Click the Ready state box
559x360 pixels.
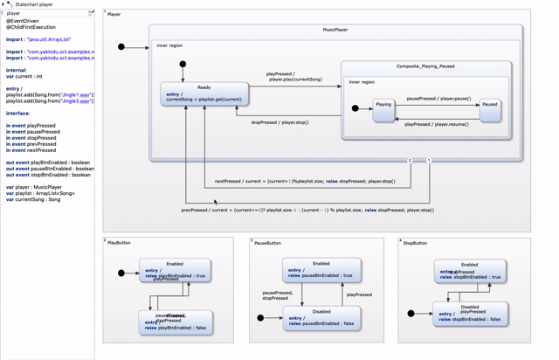[204, 93]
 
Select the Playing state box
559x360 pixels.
[383, 109]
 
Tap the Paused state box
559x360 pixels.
[490, 109]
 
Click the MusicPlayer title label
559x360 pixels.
[335, 30]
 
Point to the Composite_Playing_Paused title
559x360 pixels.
[425, 66]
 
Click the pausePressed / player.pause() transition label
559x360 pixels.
[438, 99]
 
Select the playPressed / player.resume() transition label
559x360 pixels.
[437, 124]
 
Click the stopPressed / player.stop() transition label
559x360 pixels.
[279, 122]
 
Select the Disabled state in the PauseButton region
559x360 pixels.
[321, 317]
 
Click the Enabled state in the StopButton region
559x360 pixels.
[470, 270]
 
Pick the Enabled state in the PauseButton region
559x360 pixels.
[321, 269]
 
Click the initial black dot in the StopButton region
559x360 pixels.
[411, 314]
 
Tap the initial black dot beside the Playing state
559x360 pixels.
[355, 108]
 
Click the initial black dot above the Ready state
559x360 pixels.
[183, 64]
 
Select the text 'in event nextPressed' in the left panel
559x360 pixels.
[31, 150]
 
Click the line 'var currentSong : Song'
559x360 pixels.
[33, 199]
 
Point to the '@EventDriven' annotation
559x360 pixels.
[23, 21]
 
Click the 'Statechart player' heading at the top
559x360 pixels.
[35, 4]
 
